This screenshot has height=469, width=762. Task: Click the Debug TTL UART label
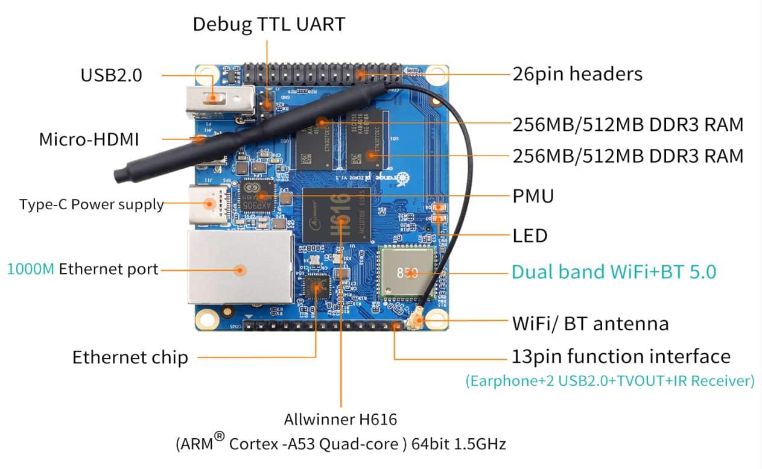point(268,25)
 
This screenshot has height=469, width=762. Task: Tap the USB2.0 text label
point(111,75)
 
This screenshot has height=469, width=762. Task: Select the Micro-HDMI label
point(89,139)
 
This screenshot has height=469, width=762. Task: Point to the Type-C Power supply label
point(92,204)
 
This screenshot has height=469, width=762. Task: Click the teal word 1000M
point(31,269)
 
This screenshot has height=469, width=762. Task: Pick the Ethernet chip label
point(130,357)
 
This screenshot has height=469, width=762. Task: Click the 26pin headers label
point(577,74)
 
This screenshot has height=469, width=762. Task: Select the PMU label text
point(533,196)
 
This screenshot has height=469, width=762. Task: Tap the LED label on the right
point(530,236)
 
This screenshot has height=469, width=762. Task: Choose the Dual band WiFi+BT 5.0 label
point(614,272)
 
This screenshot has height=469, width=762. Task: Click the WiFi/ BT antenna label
point(591,324)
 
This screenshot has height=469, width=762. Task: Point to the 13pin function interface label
point(621,356)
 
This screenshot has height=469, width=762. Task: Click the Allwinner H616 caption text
point(340,420)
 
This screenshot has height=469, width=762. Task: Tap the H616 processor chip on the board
point(337,215)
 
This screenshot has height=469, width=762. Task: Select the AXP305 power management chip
point(257,197)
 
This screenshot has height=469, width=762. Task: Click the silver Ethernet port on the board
point(241,267)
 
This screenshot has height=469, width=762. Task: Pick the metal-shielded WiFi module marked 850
point(407,273)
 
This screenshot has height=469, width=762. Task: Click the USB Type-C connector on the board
point(209,204)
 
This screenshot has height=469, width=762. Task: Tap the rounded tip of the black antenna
point(119,175)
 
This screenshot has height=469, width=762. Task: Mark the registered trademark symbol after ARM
point(220,436)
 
